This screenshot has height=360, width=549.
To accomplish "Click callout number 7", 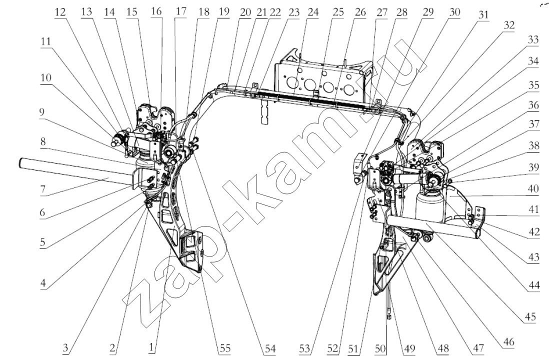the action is (42, 189).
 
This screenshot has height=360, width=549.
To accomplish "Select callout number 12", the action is (60, 12).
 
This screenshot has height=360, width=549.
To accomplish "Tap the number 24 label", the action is (312, 12).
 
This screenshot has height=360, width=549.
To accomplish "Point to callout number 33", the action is (533, 39).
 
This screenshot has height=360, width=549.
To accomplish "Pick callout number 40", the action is (533, 189).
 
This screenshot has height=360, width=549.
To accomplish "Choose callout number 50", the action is (380, 348).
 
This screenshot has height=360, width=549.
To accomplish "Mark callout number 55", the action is (225, 348).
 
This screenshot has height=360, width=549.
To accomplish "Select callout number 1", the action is (151, 347).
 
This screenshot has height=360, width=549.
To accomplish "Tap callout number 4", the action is (42, 283).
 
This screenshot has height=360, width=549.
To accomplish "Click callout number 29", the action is (428, 12).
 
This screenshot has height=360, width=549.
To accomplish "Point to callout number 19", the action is (223, 12).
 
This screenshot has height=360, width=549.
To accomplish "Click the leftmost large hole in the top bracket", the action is (292, 83).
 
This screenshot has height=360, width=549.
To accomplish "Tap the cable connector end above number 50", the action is (388, 316).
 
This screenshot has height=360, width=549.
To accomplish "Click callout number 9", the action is (42, 113).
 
